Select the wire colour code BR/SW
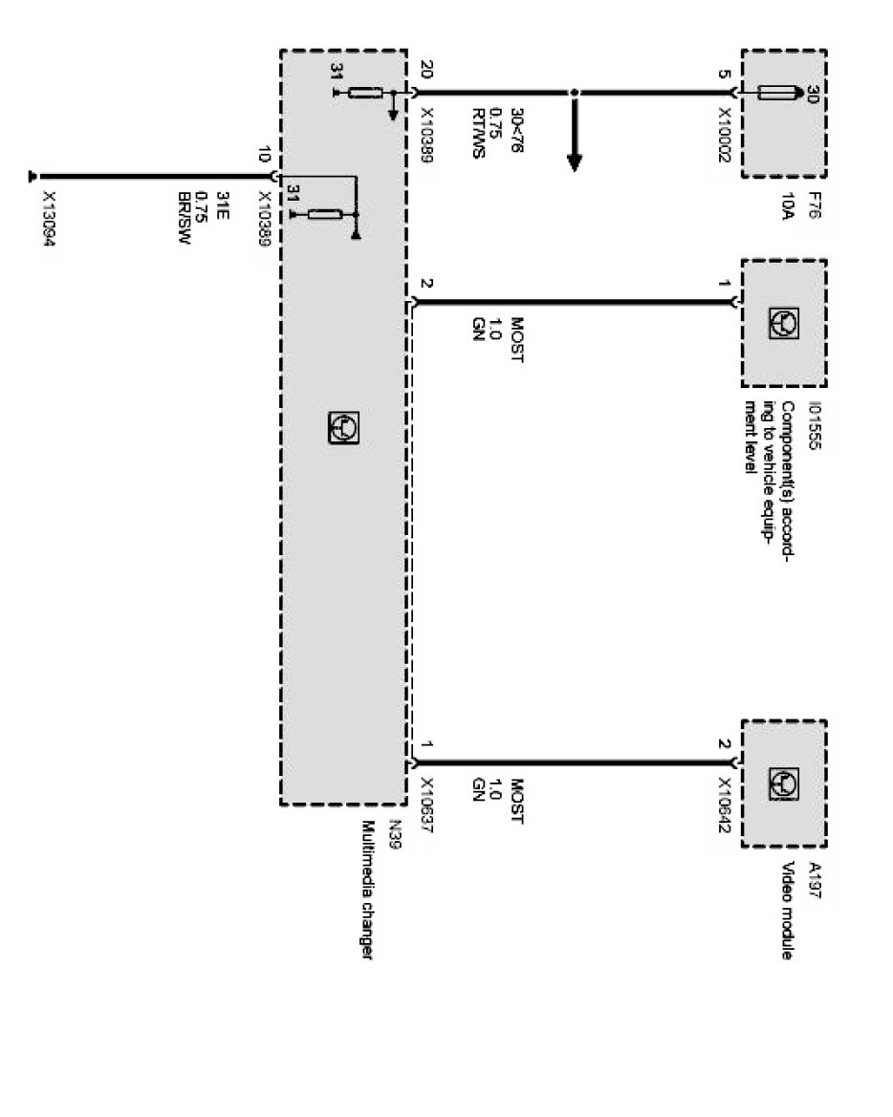click(185, 217)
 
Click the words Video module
click(789, 913)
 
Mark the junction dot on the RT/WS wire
click(574, 93)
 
